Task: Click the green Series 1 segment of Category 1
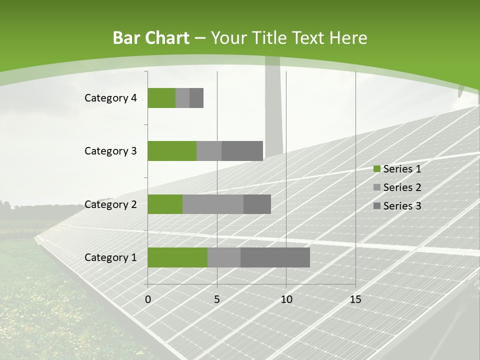pyautogui.click(x=177, y=257)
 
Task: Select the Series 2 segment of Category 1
pyautogui.click(x=224, y=257)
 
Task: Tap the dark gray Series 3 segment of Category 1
pyautogui.click(x=275, y=257)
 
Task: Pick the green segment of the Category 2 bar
pyautogui.click(x=165, y=204)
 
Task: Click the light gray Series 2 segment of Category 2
pyautogui.click(x=213, y=204)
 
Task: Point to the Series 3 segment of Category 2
pyautogui.click(x=257, y=204)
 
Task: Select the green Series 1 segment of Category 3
pyautogui.click(x=172, y=151)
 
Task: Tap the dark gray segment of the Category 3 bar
pyautogui.click(x=242, y=151)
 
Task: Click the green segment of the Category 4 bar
pyautogui.click(x=161, y=98)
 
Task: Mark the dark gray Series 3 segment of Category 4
pyautogui.click(x=196, y=98)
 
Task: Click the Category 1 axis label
pyautogui.click(x=110, y=257)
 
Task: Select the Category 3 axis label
pyautogui.click(x=110, y=151)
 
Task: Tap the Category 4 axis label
pyautogui.click(x=110, y=98)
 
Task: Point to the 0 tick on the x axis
pyautogui.click(x=148, y=299)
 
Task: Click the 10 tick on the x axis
pyautogui.click(x=286, y=299)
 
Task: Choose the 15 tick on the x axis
pyautogui.click(x=355, y=299)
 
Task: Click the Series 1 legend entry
pyautogui.click(x=397, y=169)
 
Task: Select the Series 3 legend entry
pyautogui.click(x=397, y=206)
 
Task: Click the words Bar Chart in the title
pyautogui.click(x=151, y=38)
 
